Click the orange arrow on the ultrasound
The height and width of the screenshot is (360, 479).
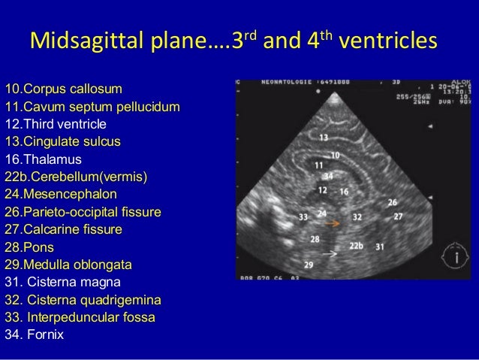pos(333,223)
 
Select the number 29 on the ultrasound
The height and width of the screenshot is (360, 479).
pos(309,263)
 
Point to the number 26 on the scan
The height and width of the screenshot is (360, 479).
pos(391,202)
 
